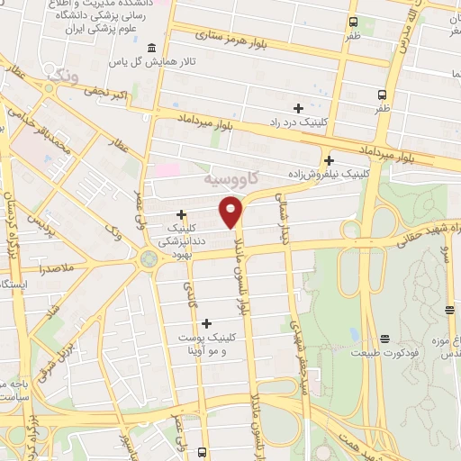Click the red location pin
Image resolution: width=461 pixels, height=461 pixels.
coord(231,211)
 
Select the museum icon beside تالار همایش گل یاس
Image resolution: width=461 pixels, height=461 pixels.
coord(150,48)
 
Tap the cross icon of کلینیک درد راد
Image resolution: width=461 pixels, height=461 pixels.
coord(298,108)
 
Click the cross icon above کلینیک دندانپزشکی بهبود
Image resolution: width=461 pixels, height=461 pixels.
coord(182,214)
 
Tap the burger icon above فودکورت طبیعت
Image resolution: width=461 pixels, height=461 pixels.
coord(385,339)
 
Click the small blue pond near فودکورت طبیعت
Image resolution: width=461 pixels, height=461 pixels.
coord(355,335)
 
